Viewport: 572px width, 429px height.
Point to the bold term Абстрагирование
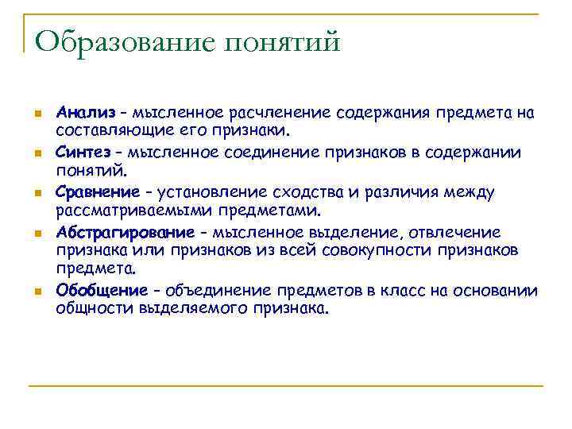(125, 232)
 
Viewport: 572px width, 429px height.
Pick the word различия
(388, 191)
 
